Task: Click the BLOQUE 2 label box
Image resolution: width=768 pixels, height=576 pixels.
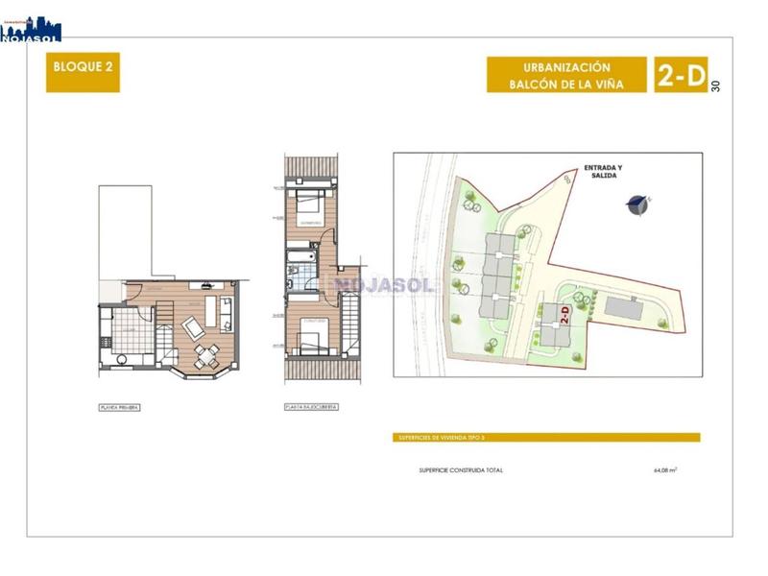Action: [x=83, y=72]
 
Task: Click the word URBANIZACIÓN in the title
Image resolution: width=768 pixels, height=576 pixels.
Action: [x=566, y=67]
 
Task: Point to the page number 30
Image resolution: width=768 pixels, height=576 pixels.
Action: [x=716, y=85]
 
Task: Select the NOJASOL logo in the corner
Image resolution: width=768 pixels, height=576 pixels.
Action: [x=31, y=28]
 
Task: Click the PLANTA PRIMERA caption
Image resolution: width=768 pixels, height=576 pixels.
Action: [x=120, y=407]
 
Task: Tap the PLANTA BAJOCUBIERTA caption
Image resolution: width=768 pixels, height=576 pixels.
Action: [x=311, y=407]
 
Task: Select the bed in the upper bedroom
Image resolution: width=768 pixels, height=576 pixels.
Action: [x=310, y=203]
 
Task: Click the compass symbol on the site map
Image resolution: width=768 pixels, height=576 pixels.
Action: [x=636, y=204]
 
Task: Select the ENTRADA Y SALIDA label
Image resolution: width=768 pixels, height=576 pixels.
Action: [x=603, y=172]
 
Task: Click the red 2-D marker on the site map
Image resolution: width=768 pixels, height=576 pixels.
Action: [x=564, y=314]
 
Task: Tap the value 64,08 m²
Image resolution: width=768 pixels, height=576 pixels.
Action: [x=664, y=470]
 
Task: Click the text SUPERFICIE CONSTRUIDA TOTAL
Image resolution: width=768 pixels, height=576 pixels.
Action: [x=461, y=470]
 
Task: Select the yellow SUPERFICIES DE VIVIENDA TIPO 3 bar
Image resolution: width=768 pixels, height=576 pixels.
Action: [x=547, y=438]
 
